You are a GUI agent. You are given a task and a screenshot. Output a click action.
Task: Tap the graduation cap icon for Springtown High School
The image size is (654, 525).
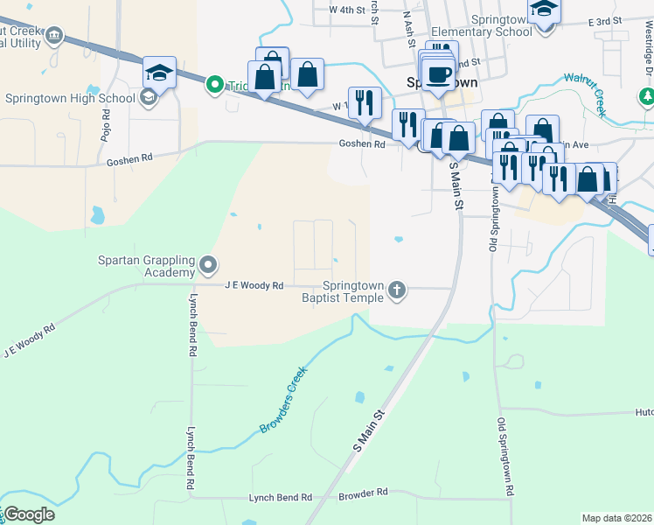click(159, 73)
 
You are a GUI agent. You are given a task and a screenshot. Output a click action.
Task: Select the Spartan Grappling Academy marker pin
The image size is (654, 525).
click(208, 263)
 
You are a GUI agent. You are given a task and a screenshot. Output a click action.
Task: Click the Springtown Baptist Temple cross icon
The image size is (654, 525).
click(397, 290)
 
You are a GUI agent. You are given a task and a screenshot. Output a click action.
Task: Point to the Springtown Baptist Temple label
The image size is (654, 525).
click(353, 291)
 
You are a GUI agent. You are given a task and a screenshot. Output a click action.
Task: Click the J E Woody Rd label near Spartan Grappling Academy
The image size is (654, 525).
click(254, 285)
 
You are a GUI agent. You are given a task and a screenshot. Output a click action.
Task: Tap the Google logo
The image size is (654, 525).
click(29, 514)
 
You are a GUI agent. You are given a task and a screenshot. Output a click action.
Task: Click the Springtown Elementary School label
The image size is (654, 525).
click(500, 25)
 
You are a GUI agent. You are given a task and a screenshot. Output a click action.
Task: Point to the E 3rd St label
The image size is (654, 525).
click(604, 20)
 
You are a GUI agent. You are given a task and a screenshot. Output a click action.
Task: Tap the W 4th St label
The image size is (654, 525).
click(345, 10)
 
